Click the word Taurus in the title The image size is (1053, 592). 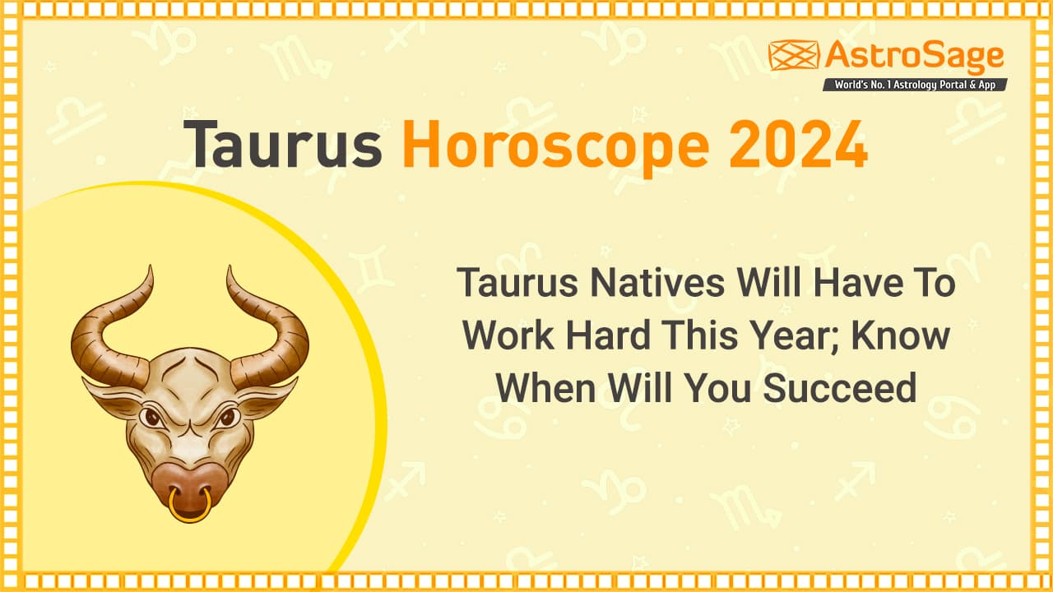pos(282,145)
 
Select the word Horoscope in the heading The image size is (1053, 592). pos(554,145)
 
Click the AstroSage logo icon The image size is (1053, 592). pos(793,55)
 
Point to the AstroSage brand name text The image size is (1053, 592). pos(914,56)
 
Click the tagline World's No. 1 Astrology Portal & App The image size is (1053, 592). pos(915,84)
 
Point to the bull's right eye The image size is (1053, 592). pos(228,418)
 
